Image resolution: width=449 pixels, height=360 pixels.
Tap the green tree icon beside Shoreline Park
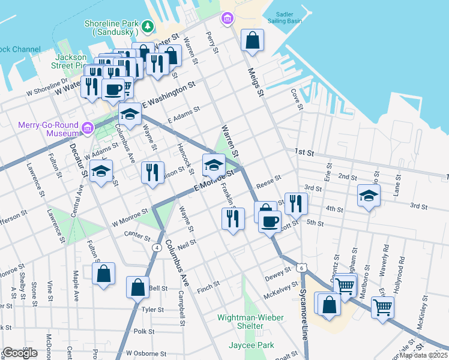coord(147,28)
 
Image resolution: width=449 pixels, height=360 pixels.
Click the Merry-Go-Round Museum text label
coord(40,129)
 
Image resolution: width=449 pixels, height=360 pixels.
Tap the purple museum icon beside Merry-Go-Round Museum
coord(88,128)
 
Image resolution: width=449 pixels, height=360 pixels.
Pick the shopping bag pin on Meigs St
coord(252,41)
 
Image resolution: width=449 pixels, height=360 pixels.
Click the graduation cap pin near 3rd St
coord(369,196)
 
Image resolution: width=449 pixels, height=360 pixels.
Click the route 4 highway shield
coord(157,247)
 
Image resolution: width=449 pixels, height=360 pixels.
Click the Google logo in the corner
coord(20,353)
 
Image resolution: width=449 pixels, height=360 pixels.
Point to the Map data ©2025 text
coord(423,355)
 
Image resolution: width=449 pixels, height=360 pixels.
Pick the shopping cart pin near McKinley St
coord(382,307)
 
